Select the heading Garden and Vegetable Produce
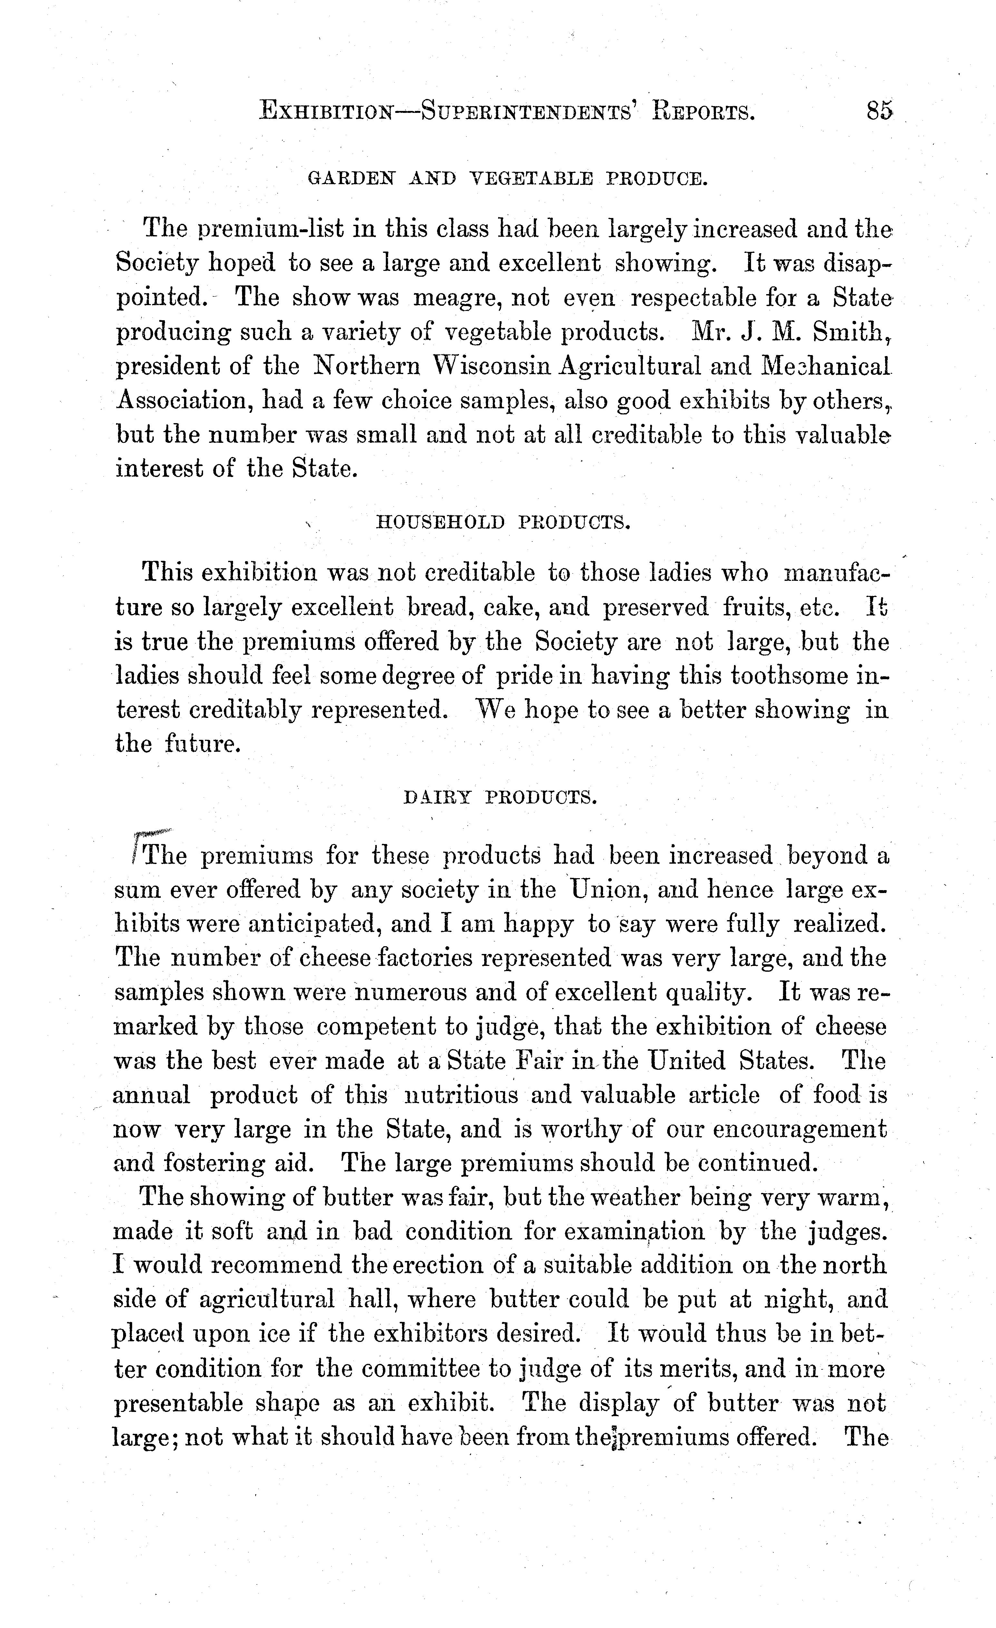click(x=507, y=178)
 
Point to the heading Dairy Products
click(x=500, y=798)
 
